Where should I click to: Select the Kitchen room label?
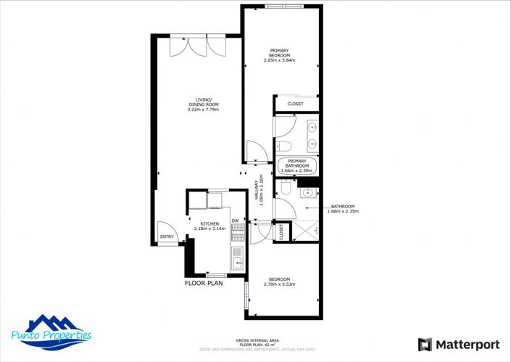click(x=209, y=226)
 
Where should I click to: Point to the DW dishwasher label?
click(x=235, y=221)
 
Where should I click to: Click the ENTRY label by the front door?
click(x=167, y=236)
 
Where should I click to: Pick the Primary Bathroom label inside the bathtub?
click(x=297, y=164)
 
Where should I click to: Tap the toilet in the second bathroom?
click(x=285, y=189)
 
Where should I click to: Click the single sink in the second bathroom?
click(x=308, y=192)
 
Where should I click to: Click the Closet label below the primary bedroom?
click(x=296, y=104)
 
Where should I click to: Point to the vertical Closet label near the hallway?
click(x=281, y=232)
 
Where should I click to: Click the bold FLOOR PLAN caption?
click(x=204, y=284)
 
